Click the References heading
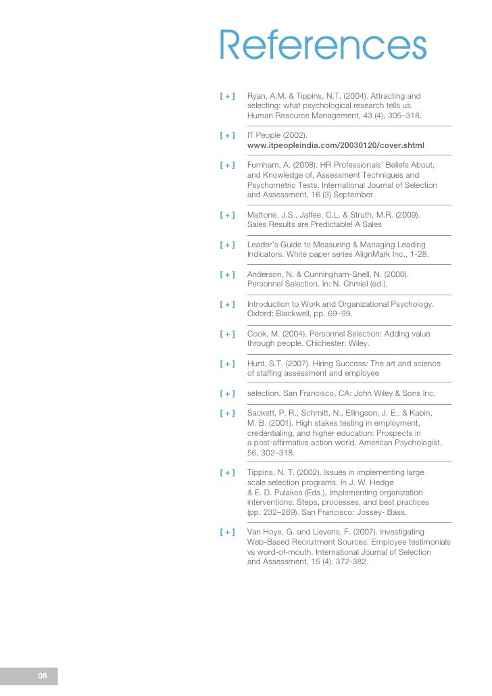(x=322, y=47)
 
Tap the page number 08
(x=42, y=676)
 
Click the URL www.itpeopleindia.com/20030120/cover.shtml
(x=335, y=145)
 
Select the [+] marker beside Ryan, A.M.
(x=227, y=97)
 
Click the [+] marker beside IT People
(x=227, y=136)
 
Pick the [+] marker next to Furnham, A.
(x=227, y=166)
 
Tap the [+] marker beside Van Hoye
(x=227, y=532)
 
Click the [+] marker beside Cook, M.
(x=227, y=334)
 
